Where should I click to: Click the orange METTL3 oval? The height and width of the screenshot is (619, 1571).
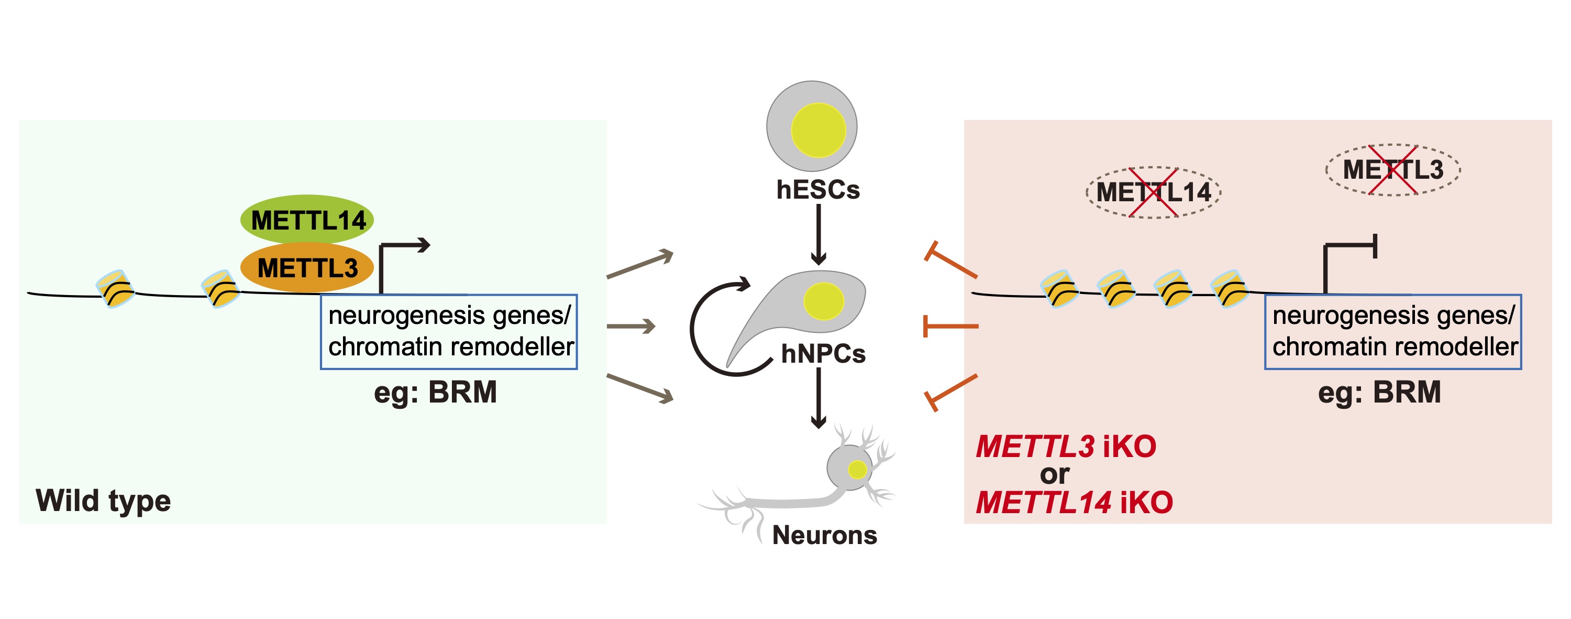coord(307,267)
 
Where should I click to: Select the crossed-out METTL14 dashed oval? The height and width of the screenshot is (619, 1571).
coord(1153,192)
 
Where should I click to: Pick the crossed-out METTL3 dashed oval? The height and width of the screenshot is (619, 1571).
coord(1393,169)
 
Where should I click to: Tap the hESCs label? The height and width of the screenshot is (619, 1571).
coord(818,190)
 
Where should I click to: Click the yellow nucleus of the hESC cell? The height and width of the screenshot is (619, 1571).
coord(818,130)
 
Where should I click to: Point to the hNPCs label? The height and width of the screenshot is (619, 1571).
coord(823,353)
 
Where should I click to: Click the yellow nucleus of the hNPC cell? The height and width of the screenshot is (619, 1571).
coord(823,301)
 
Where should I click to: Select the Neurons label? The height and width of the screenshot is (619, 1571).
coord(825,535)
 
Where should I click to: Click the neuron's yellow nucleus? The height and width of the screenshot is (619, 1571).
coord(857,470)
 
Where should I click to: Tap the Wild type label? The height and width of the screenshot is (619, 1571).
coord(103,501)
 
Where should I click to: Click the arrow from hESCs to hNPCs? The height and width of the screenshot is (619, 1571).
coord(818,234)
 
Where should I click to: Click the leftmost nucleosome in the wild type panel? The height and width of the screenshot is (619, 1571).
coord(115,289)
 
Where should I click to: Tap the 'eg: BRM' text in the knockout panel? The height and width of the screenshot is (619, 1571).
coord(1379,392)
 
